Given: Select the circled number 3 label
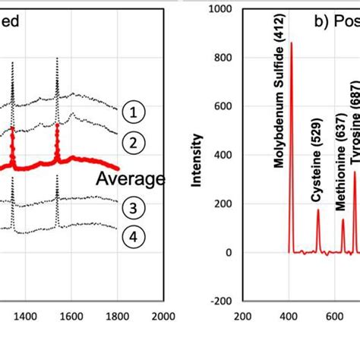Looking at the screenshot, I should [x=132, y=208].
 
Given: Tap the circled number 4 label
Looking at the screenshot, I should [x=132, y=237].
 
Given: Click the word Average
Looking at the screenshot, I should [x=131, y=179].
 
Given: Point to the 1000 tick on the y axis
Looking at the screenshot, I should [x=222, y=9].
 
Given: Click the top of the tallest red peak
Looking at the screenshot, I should [x=292, y=43].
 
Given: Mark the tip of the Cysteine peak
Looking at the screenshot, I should [x=318, y=210].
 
